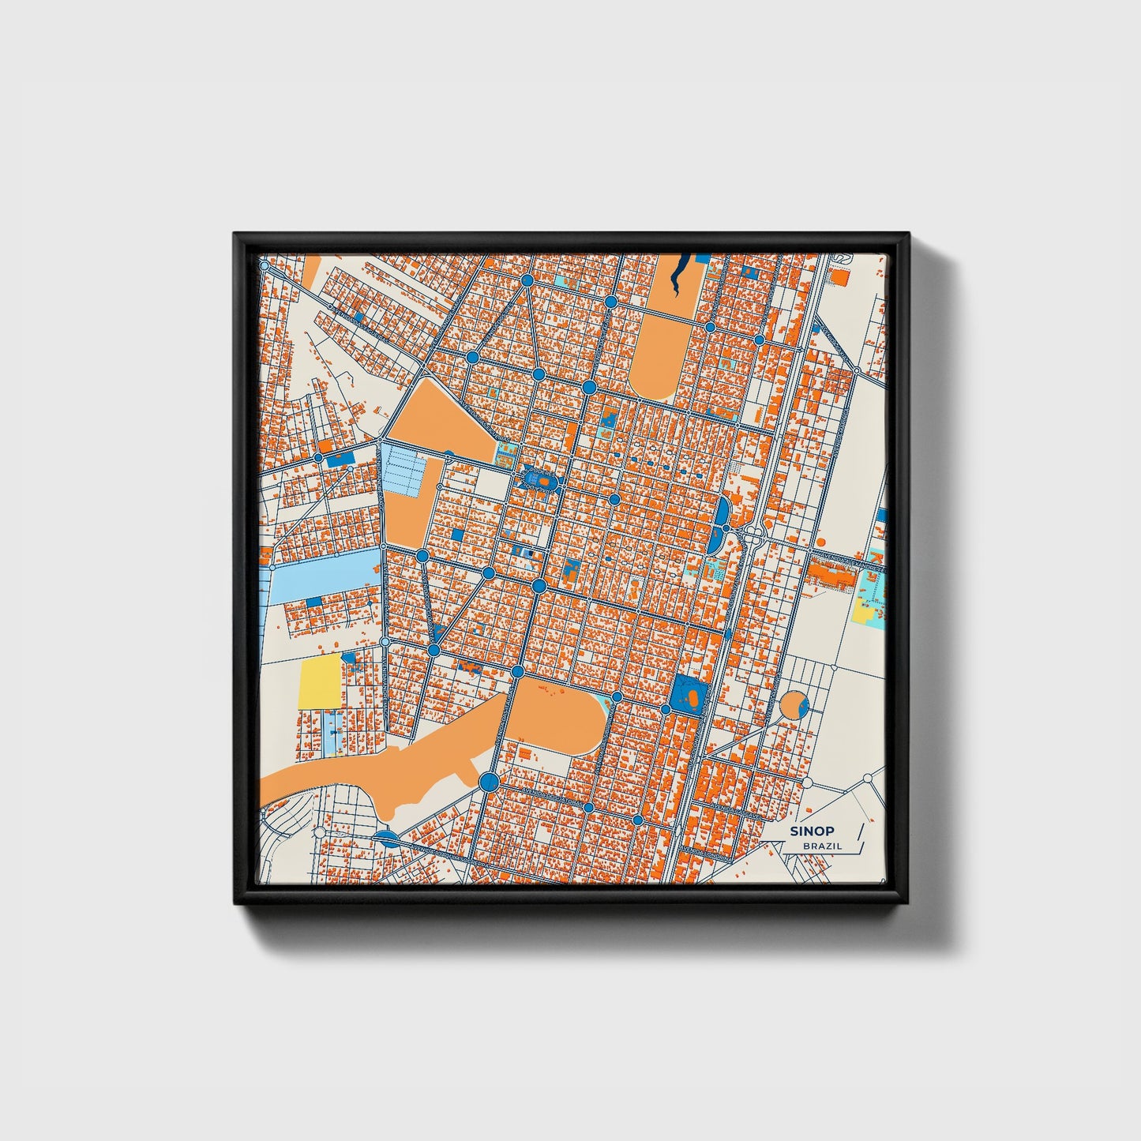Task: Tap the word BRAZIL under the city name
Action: (822, 846)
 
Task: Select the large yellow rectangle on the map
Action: (320, 681)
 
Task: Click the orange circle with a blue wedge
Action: (792, 705)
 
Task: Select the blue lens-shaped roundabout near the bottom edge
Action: (387, 838)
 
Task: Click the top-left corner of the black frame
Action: (235, 235)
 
